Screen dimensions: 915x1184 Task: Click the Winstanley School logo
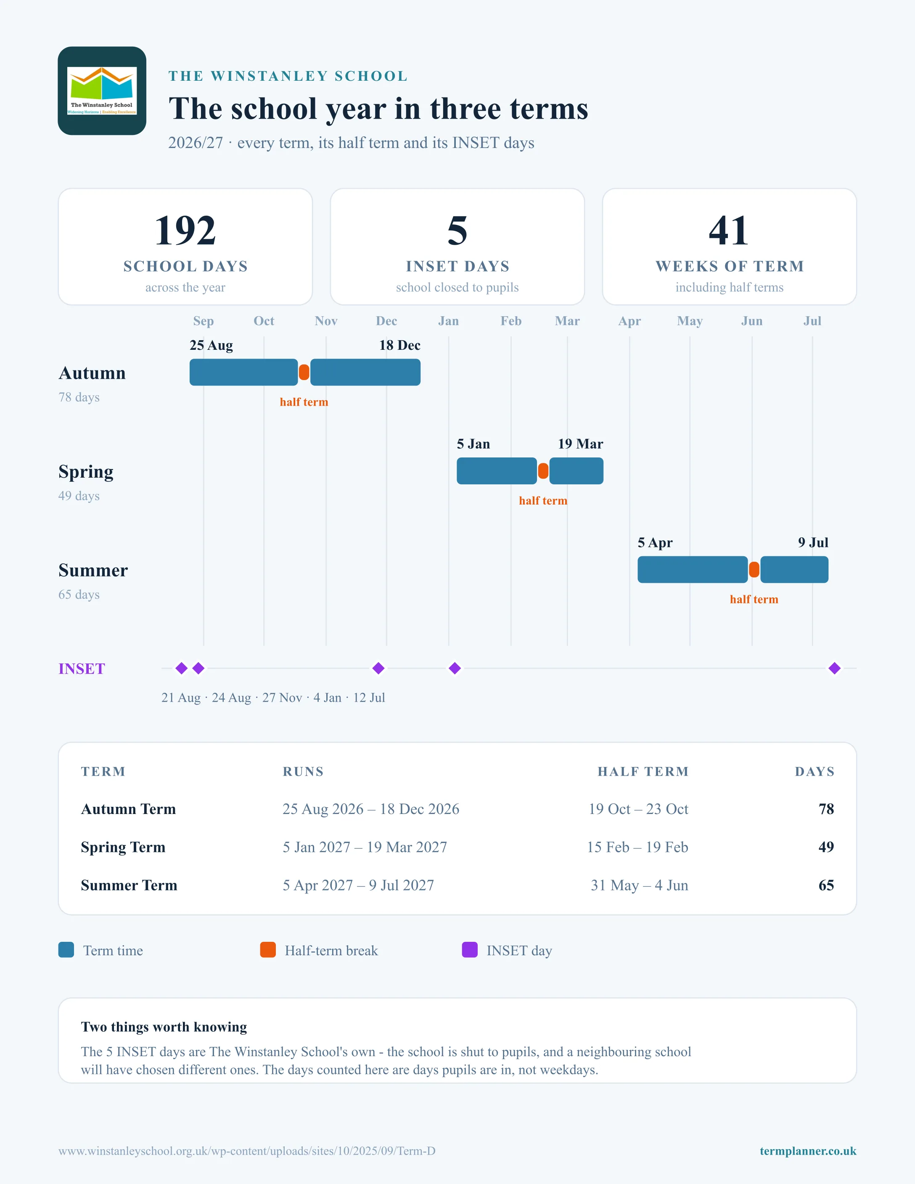(102, 90)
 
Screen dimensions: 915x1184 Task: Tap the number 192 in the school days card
(185, 230)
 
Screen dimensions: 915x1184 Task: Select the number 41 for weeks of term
(729, 230)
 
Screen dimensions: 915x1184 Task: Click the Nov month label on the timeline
(326, 321)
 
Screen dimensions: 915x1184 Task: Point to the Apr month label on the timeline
(629, 321)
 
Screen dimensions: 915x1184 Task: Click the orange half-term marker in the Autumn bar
(304, 373)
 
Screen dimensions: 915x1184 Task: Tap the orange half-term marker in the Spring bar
(543, 471)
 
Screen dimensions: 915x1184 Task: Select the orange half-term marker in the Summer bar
(754, 570)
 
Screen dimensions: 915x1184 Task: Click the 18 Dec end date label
(399, 345)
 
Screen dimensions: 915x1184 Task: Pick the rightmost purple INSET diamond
(835, 669)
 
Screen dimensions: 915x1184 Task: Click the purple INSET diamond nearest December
(378, 669)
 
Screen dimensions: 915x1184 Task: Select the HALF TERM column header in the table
(643, 772)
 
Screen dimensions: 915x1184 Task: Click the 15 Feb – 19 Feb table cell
(637, 847)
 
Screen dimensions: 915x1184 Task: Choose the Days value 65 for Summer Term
(826, 885)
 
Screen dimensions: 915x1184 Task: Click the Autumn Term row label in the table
(129, 809)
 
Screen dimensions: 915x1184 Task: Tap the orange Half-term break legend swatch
(268, 950)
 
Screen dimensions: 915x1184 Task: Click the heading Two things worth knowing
(164, 1027)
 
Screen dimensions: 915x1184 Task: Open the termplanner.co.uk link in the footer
(808, 1151)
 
